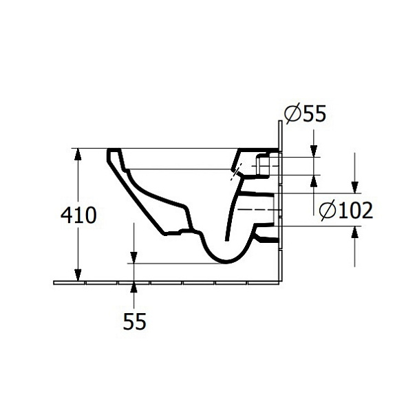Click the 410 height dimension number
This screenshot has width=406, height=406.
[x=78, y=215]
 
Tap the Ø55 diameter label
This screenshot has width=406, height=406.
[x=305, y=113]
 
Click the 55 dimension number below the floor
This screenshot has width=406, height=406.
[x=134, y=321]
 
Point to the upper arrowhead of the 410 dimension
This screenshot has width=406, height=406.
[x=78, y=154]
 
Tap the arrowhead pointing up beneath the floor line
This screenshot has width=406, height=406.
[x=133, y=288]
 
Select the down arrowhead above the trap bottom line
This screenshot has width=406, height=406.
[x=133, y=257]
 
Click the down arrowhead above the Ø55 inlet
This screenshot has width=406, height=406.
[x=314, y=151]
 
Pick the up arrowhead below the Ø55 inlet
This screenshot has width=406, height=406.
[x=314, y=181]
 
